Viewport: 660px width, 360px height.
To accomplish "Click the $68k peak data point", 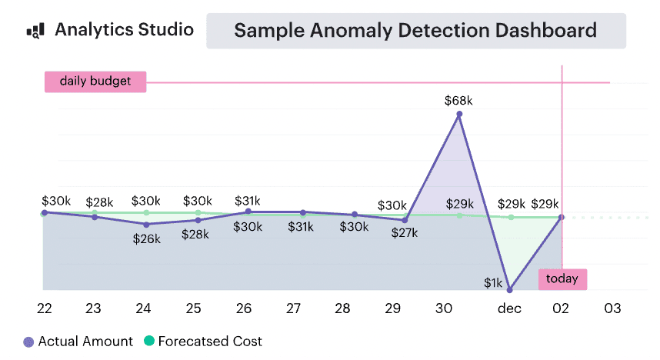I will (x=459, y=114).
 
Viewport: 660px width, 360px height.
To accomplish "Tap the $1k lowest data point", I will (x=510, y=290).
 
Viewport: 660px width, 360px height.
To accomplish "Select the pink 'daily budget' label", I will (x=95, y=81).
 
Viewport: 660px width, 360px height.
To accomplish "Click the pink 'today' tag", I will (x=562, y=279).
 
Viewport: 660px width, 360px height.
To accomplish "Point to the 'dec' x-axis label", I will (x=509, y=308).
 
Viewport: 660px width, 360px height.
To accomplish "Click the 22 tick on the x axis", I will (x=45, y=308).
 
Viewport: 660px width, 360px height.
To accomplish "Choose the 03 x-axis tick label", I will (x=612, y=308).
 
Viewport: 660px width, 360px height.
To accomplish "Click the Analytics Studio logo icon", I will (x=35, y=31).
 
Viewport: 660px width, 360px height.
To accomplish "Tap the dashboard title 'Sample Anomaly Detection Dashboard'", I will (x=415, y=31).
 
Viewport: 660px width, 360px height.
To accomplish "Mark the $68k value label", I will (x=459, y=100).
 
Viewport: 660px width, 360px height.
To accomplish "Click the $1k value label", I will (x=493, y=283).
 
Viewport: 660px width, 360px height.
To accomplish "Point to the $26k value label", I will (x=146, y=239).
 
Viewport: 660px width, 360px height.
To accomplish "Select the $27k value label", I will (x=404, y=233).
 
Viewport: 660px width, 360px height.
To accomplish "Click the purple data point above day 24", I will (x=146, y=224).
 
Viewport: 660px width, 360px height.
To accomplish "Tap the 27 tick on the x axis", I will (x=293, y=308).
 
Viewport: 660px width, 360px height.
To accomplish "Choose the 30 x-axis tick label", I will (x=444, y=308).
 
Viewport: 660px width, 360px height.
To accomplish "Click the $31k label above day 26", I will (x=247, y=201).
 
